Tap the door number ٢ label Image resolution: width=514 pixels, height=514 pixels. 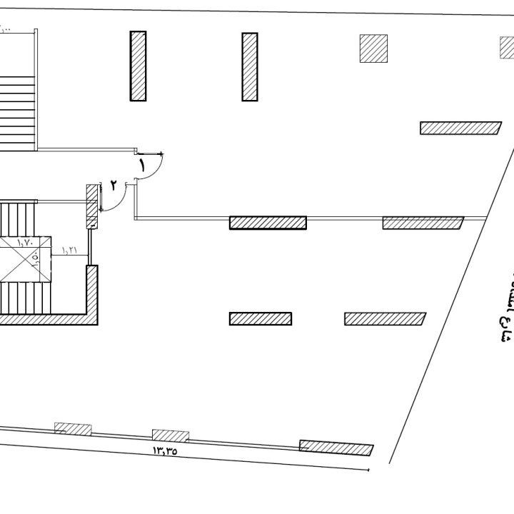pos(113,185)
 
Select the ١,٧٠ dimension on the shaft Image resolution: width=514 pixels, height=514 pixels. pos(24,243)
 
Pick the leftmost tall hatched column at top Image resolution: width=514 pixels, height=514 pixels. pos(138,66)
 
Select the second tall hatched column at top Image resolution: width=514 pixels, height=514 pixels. pos(249,66)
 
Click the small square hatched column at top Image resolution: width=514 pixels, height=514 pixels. pos(373,49)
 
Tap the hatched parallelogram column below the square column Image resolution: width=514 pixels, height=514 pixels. pos(460,128)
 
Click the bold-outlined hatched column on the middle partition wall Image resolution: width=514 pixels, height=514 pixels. pos(268,222)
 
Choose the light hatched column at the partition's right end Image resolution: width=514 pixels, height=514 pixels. pos(423,223)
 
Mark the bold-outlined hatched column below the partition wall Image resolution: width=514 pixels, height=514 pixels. pos(261,318)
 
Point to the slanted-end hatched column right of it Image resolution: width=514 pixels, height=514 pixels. pos(385,318)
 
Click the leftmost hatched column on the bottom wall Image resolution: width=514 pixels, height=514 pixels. pos(74,429)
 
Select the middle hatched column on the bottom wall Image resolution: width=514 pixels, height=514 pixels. pos(170,435)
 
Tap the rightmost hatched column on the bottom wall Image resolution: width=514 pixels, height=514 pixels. pos(336,448)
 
